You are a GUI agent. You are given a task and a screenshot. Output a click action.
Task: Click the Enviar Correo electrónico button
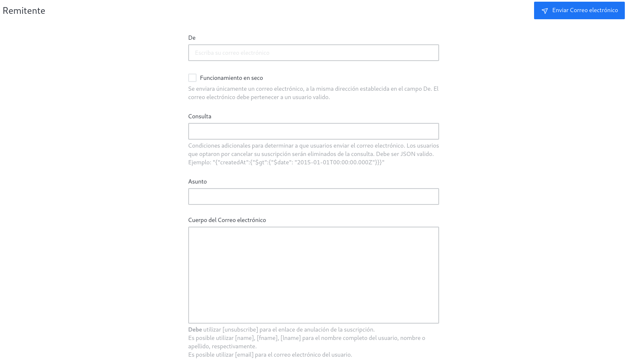click(x=579, y=10)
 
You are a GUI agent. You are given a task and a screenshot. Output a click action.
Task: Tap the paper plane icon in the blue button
click(x=545, y=11)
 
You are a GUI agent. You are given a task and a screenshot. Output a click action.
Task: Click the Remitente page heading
click(x=24, y=11)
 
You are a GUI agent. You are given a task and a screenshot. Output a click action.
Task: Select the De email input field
click(x=313, y=53)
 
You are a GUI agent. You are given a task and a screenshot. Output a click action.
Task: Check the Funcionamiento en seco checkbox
click(x=192, y=78)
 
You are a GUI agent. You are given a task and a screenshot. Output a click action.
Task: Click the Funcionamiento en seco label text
click(x=231, y=78)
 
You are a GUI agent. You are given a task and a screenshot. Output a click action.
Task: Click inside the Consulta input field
click(x=313, y=131)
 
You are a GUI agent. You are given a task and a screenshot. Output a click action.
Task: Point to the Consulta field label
click(x=199, y=116)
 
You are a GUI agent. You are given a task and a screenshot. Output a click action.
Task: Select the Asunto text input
click(x=313, y=197)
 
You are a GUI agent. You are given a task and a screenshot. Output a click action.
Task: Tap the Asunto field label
click(x=197, y=181)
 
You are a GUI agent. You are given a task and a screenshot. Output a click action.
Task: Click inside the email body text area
click(x=313, y=275)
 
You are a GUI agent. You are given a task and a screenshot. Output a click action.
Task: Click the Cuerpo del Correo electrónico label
click(x=227, y=220)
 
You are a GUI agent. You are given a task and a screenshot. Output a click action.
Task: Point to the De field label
click(x=192, y=38)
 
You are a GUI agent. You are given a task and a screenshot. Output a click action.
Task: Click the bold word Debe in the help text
click(x=195, y=329)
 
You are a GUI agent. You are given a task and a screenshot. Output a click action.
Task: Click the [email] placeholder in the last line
click(x=244, y=355)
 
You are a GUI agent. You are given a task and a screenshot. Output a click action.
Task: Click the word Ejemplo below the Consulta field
click(x=199, y=162)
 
